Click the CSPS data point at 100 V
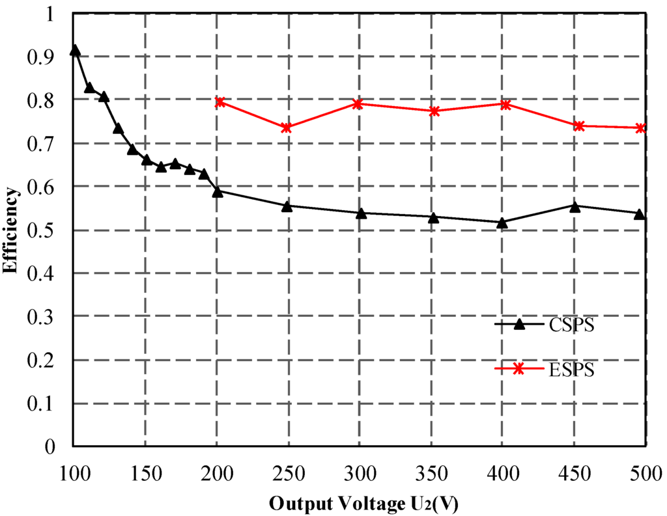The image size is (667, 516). point(75,50)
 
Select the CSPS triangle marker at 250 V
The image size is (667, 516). point(287,206)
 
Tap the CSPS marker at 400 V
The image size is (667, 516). point(502,223)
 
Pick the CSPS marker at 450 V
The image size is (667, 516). point(574,206)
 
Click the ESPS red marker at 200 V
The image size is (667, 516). point(220,102)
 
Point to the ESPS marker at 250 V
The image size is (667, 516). point(287,128)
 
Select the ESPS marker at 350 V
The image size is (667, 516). point(434,111)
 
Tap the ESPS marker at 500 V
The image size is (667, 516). point(640,128)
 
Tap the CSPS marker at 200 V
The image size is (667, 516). point(218,191)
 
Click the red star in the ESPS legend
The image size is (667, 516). point(518,369)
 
